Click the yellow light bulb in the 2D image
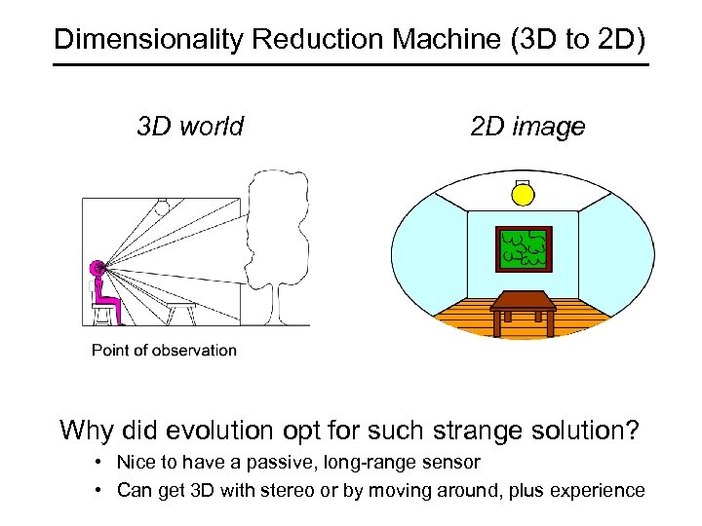click(524, 195)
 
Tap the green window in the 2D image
click(524, 248)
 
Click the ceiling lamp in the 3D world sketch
click(165, 206)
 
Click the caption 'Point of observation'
click(164, 351)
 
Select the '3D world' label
click(190, 127)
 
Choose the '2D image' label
click(527, 127)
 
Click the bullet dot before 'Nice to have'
click(100, 462)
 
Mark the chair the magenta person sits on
click(102, 310)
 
